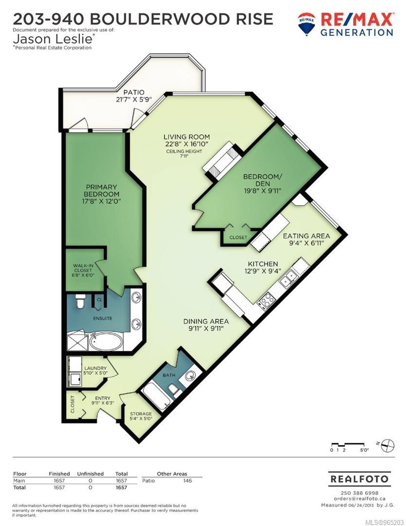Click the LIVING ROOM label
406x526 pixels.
pos(187,137)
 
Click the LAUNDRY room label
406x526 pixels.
pos(95,368)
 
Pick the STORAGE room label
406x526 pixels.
pos(141,414)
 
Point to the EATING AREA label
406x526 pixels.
pos(306,236)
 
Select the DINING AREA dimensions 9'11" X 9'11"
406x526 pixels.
pos(206,328)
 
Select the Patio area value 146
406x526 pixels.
pos(187,480)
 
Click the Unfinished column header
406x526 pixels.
pos(90,474)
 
